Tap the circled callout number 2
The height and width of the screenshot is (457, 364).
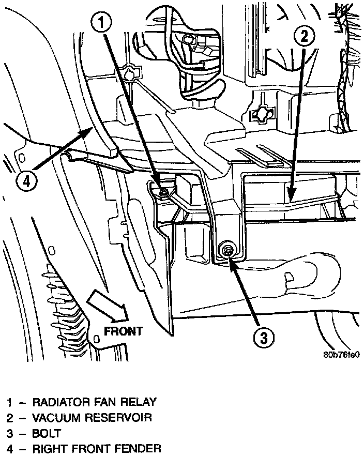[x=304, y=35]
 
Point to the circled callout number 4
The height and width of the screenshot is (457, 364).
[x=29, y=181]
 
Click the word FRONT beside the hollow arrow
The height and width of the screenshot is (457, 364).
[x=123, y=331]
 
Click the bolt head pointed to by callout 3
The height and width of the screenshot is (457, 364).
[x=227, y=251]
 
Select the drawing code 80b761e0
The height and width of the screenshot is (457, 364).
[x=341, y=356]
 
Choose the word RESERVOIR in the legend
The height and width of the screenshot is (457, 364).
[x=116, y=417]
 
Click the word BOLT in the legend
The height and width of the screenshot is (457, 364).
[x=47, y=433]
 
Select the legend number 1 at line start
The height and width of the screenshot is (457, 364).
[x=9, y=402]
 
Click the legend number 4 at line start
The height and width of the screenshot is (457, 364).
[x=9, y=448]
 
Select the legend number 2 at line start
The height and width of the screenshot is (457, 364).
[x=9, y=417]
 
